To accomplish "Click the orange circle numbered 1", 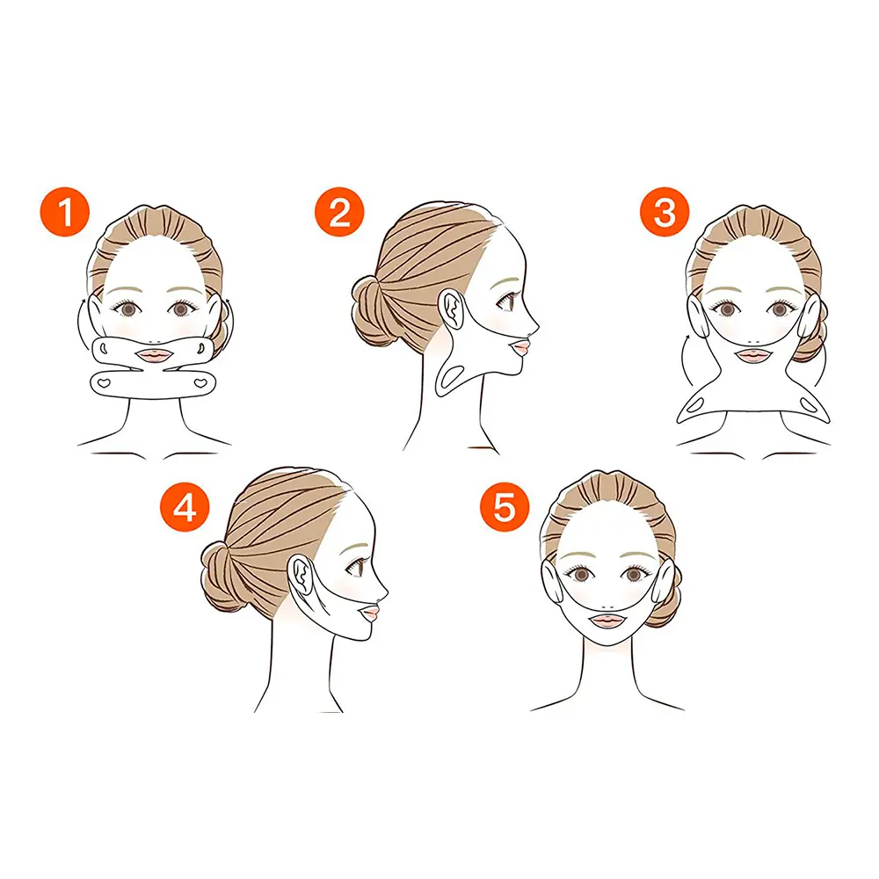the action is click(65, 212).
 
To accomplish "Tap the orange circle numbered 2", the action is click(339, 212).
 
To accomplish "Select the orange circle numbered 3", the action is click(665, 212).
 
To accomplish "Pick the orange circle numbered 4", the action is click(185, 508).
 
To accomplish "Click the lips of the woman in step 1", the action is click(155, 356).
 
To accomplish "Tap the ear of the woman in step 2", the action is click(452, 309).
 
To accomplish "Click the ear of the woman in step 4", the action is click(301, 576).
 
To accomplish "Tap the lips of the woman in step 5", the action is click(607, 621).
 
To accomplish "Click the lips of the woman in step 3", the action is click(753, 356).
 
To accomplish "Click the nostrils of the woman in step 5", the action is click(607, 607).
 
